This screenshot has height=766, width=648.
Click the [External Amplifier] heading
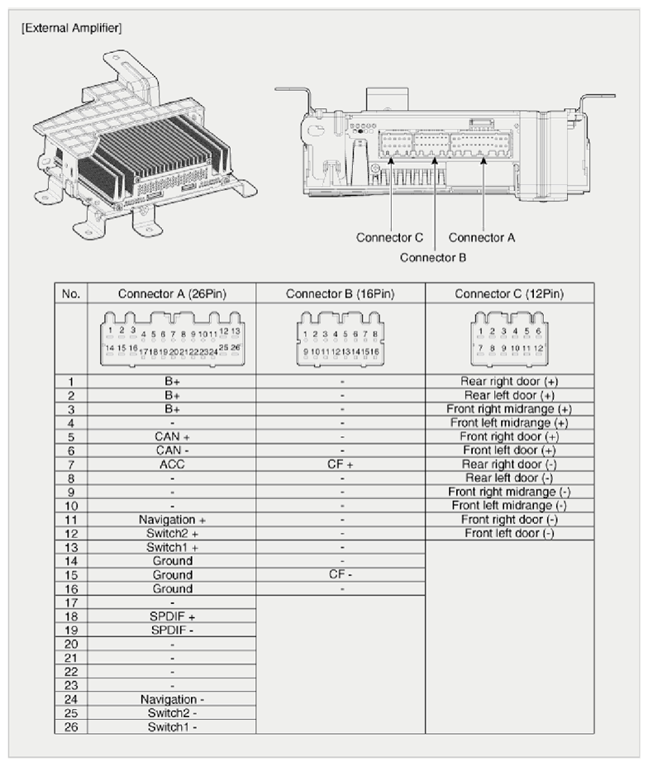pyautogui.click(x=70, y=29)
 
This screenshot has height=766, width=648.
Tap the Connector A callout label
pyautogui.click(x=482, y=238)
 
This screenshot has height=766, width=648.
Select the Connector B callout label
pyautogui.click(x=433, y=257)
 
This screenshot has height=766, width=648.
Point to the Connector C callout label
pyautogui.click(x=389, y=238)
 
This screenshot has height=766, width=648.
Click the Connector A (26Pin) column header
pyautogui.click(x=172, y=294)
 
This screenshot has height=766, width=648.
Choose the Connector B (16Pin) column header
pyautogui.click(x=341, y=294)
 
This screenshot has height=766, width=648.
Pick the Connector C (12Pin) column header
pyautogui.click(x=509, y=294)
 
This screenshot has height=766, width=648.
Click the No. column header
pyautogui.click(x=70, y=294)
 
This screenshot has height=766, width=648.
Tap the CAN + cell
pyautogui.click(x=172, y=436)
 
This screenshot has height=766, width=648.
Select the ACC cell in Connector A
pyautogui.click(x=172, y=464)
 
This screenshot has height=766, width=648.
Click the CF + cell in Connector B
pyautogui.click(x=341, y=464)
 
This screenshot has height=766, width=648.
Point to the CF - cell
pyautogui.click(x=341, y=574)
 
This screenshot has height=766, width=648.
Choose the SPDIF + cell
pyautogui.click(x=172, y=616)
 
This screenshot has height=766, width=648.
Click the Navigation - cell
pyautogui.click(x=172, y=700)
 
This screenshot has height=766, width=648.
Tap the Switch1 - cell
pyautogui.click(x=172, y=728)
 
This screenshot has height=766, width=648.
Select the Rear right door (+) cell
pyautogui.click(x=509, y=382)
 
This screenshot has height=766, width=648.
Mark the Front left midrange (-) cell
pyautogui.click(x=509, y=506)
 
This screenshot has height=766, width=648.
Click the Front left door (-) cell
pyautogui.click(x=509, y=534)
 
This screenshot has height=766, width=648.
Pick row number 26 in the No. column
pyautogui.click(x=70, y=728)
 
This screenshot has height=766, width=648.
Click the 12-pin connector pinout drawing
pyautogui.click(x=509, y=340)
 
